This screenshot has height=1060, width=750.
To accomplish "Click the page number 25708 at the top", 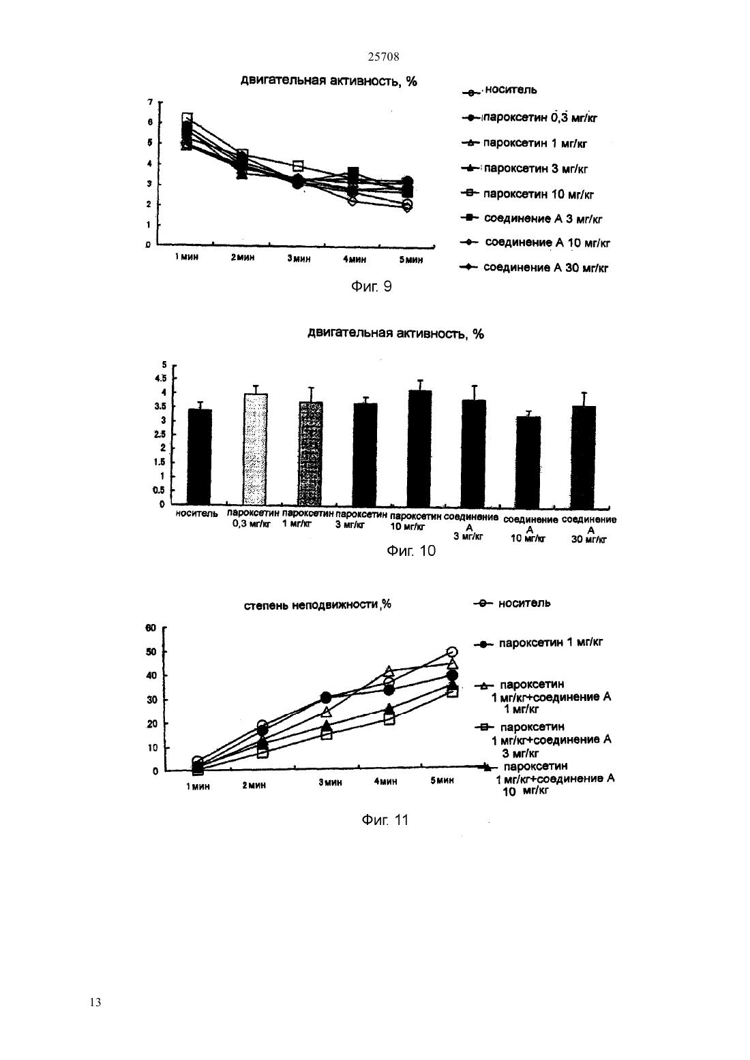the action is tap(383, 57).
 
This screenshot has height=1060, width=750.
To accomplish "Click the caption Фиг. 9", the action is tap(371, 286).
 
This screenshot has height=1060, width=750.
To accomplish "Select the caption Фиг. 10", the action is tap(411, 550).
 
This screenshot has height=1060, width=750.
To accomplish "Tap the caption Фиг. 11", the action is tap(385, 820).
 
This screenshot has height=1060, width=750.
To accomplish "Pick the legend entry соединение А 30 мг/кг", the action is tap(534, 268).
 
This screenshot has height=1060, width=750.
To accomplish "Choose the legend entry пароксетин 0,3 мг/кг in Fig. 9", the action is tap(529, 117).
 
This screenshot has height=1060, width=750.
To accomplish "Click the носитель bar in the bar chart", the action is tap(199, 456).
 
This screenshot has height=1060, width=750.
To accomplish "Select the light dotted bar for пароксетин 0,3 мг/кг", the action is tap(255, 449).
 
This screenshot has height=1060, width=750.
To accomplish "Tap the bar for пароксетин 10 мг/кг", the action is tap(419, 448).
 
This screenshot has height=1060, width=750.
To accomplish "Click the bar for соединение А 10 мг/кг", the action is tap(528, 461).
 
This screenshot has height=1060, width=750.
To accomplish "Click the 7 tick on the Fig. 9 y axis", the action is tap(150, 102).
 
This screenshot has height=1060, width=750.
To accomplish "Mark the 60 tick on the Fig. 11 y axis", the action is tap(151, 628).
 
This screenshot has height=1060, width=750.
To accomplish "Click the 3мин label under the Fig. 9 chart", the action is tap(299, 259).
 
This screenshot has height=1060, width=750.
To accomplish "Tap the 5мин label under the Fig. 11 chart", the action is tap(442, 780).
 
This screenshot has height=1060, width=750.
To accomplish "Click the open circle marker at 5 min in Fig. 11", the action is tap(452, 652).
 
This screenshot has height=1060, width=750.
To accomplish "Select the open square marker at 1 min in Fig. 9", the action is tap(187, 117).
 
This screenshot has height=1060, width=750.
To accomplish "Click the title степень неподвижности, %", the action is tap(317, 605).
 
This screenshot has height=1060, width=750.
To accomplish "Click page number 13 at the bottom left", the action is tap(95, 1002).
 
